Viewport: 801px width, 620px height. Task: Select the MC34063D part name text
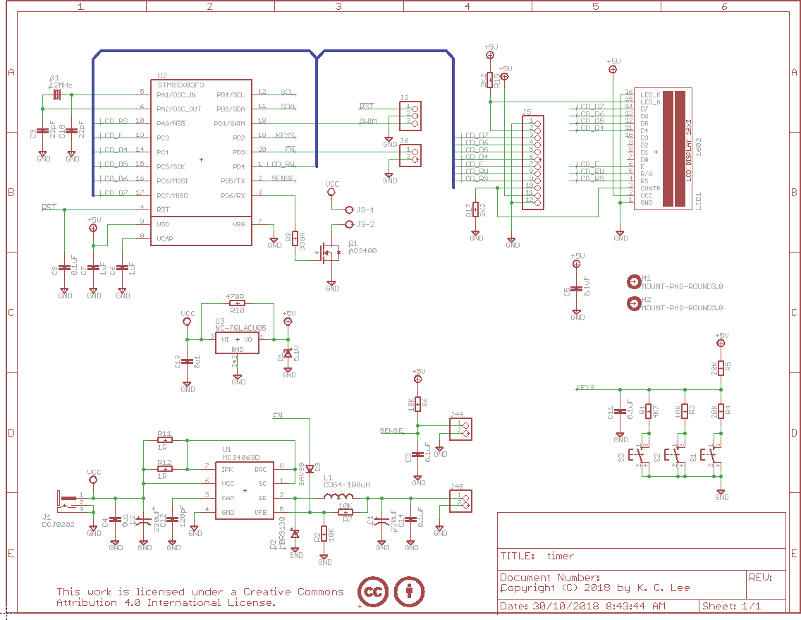[241, 457]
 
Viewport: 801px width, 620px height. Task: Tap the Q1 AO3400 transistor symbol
[327, 251]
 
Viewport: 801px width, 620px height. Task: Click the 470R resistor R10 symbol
[236, 303]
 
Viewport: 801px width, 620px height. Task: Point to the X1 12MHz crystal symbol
[57, 94]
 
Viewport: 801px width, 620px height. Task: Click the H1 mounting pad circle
[632, 282]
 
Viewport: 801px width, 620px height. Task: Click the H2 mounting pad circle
[632, 304]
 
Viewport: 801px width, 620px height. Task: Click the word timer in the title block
[561, 556]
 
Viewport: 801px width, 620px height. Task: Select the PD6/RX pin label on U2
[233, 195]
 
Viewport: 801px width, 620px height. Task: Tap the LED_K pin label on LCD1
[651, 95]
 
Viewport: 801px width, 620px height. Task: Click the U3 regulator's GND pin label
[238, 349]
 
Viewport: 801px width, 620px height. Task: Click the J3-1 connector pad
[349, 209]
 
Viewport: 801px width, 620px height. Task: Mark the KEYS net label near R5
[585, 388]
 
